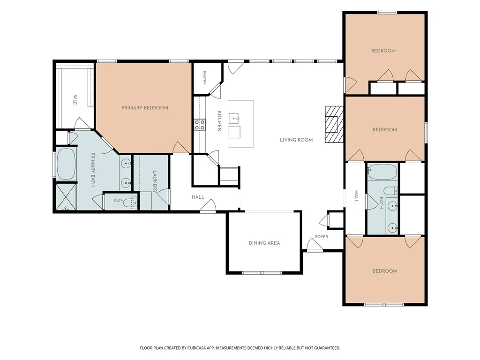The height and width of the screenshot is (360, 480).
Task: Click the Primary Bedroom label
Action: click(x=145, y=108)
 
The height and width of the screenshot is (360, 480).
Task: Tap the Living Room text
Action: click(x=296, y=140)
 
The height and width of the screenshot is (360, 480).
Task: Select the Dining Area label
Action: click(x=264, y=243)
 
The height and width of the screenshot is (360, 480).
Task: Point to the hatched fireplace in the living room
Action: click(x=334, y=124)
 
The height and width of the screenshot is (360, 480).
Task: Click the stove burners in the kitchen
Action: click(x=200, y=125)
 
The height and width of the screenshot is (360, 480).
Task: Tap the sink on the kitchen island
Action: click(x=234, y=118)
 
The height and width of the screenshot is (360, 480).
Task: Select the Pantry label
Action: click(x=204, y=78)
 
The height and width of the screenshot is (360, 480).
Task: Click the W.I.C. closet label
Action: click(x=75, y=100)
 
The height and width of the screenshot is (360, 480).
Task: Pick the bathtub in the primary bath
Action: click(x=66, y=164)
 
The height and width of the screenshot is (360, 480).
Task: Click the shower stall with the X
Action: click(x=66, y=196)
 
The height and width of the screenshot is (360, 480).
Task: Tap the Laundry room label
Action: click(x=155, y=182)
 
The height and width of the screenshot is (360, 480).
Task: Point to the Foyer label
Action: click(x=322, y=237)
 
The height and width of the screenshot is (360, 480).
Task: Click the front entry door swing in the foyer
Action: click(x=315, y=244)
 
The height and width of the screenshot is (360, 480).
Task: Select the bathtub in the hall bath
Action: click(x=382, y=172)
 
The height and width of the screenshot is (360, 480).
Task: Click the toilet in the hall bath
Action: click(x=390, y=191)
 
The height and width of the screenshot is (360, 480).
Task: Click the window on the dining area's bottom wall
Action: click(x=262, y=272)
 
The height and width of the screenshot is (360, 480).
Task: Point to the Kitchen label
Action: click(x=219, y=121)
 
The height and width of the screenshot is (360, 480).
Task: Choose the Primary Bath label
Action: click(x=93, y=170)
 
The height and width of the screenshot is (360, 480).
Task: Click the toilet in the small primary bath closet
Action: click(x=131, y=202)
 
